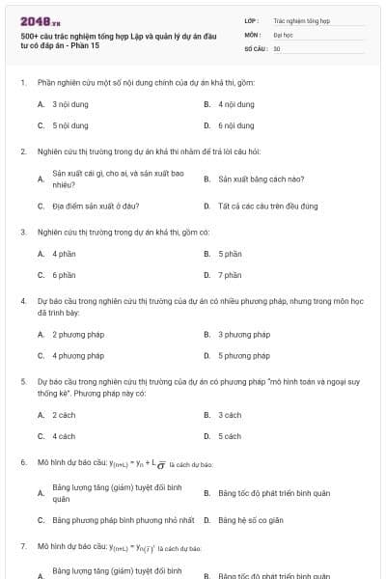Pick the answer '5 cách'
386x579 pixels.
[230, 436]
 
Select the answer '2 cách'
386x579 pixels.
[64, 415]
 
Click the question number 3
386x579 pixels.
[23, 233]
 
